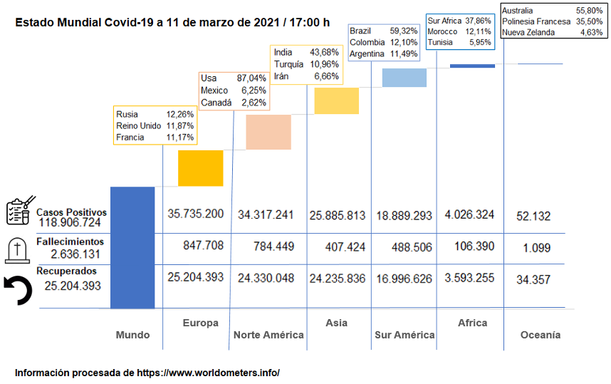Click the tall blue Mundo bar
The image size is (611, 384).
132,247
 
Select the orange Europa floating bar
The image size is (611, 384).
200,168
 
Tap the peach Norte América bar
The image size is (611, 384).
268,132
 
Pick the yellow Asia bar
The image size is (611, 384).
336,101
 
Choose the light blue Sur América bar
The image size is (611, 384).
404,78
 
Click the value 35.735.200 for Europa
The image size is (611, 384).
196,214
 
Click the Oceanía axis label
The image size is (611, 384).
540,334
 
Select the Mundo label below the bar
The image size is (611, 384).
133,334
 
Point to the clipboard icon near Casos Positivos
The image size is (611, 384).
19,212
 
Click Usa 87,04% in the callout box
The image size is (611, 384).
233,78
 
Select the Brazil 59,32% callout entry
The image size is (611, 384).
383,31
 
